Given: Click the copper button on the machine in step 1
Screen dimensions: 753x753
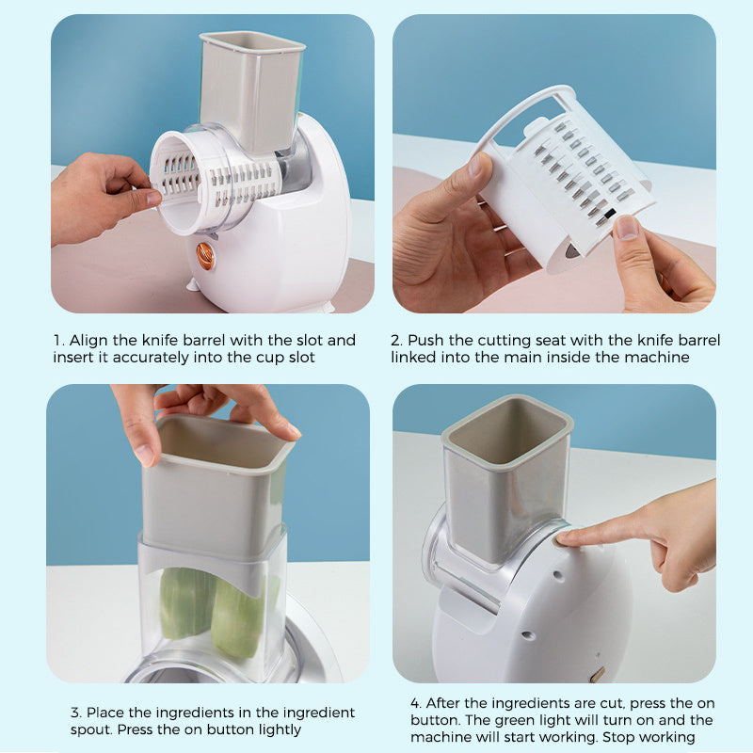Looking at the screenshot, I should pyautogui.click(x=204, y=255).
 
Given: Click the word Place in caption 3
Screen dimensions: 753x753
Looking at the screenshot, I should pyautogui.click(x=108, y=713).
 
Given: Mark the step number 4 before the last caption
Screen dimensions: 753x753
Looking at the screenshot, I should pyautogui.click(x=415, y=703).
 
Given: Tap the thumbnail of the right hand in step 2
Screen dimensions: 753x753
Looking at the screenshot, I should pyautogui.click(x=627, y=228).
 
